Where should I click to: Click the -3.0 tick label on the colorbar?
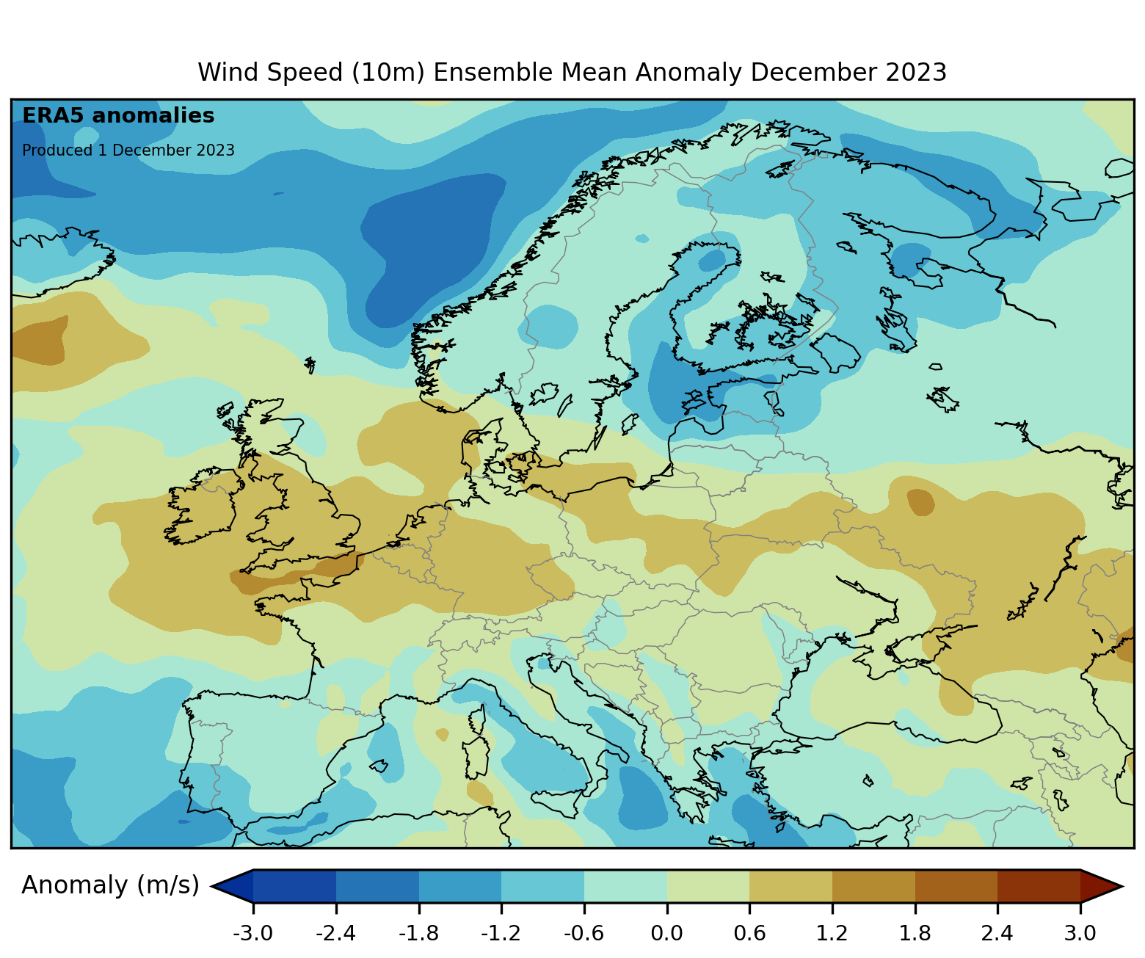point(253,934)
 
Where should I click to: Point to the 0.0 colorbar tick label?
point(666,934)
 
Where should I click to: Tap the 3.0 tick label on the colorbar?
point(1080,934)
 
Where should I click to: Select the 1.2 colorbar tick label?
point(832,934)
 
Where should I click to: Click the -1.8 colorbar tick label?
point(418,934)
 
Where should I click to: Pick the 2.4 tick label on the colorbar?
point(997,934)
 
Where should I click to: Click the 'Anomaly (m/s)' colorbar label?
point(110,885)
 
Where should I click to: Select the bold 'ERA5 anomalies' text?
point(118,116)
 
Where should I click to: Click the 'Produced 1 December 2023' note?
point(128,150)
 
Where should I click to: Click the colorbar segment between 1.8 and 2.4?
point(956,886)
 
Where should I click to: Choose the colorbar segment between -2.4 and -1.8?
point(377,886)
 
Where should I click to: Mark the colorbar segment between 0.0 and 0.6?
point(708,886)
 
